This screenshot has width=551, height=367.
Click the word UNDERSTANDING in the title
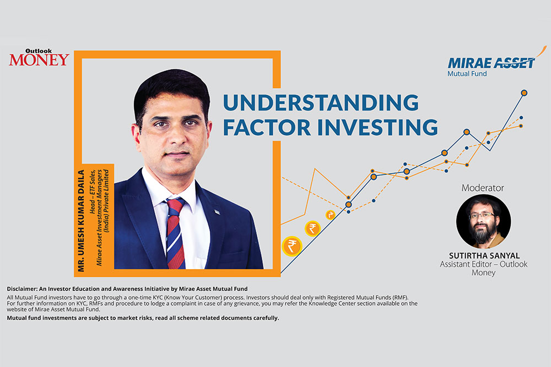320,103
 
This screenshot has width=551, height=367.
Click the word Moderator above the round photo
482,188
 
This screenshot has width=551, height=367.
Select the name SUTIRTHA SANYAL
483,256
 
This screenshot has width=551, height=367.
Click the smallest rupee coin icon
330,215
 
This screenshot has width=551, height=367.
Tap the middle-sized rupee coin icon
312,228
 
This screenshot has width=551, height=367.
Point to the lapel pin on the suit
217,211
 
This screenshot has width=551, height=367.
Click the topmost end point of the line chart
524,92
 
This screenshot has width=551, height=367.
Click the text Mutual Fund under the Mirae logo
468,73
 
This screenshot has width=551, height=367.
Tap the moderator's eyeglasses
482,215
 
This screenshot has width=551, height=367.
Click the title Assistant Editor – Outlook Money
483,269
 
